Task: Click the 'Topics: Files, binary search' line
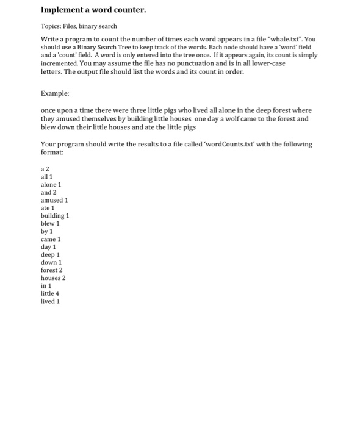(x=79, y=27)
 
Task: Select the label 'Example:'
(x=55, y=94)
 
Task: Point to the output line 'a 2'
(x=45, y=168)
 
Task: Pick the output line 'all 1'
(x=46, y=176)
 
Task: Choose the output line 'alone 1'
(x=51, y=184)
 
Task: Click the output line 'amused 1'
(x=54, y=200)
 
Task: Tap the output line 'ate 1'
(x=48, y=208)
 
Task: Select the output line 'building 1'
(x=55, y=216)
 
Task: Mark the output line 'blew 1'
(x=49, y=224)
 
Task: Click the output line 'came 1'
(x=51, y=239)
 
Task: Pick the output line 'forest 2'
(x=51, y=270)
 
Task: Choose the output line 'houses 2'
(x=52, y=278)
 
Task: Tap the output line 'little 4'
(x=49, y=293)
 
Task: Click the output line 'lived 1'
(x=50, y=301)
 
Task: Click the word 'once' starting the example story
(x=49, y=111)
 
